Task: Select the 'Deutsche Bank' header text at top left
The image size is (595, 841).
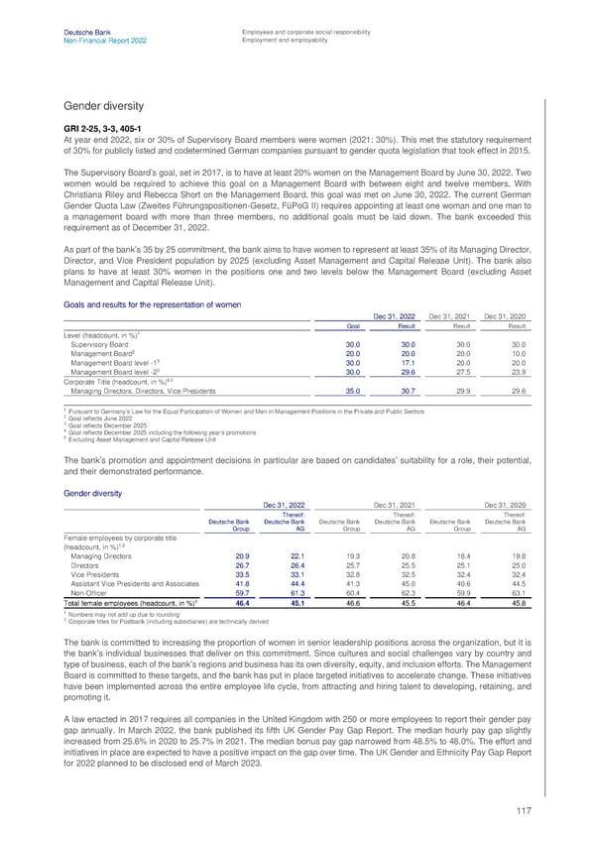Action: click(82, 33)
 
